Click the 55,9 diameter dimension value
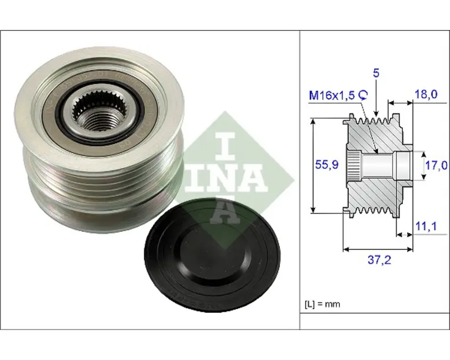(327, 165)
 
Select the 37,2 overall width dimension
(379, 260)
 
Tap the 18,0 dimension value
(426, 94)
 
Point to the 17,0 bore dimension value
(436, 165)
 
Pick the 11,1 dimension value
(426, 226)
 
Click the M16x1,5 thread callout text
(332, 95)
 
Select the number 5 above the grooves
(376, 73)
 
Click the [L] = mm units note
(322, 304)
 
